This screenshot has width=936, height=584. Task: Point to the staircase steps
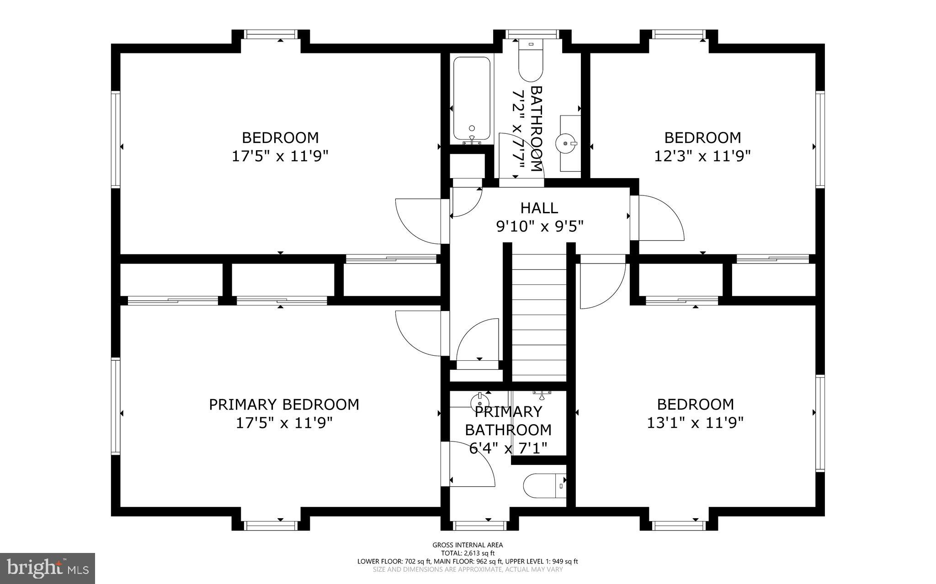539,315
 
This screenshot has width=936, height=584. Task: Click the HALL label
539,208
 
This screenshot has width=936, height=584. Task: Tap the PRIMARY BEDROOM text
284,405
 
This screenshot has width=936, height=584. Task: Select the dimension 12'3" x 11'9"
702,157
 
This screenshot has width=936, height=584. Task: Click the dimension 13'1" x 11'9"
695,422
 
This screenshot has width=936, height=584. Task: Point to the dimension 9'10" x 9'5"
540,226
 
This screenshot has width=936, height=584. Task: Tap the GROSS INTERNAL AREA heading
468,545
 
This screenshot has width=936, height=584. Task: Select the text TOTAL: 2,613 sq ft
468,553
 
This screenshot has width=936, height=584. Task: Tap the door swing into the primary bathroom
471,466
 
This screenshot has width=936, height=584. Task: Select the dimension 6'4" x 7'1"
508,448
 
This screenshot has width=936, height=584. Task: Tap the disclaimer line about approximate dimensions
468,569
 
